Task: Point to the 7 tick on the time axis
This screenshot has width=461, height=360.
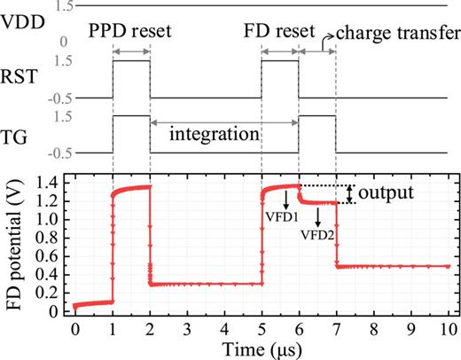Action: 336,328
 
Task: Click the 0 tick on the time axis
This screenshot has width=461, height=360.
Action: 75,328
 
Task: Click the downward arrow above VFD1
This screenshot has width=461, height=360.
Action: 285,197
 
